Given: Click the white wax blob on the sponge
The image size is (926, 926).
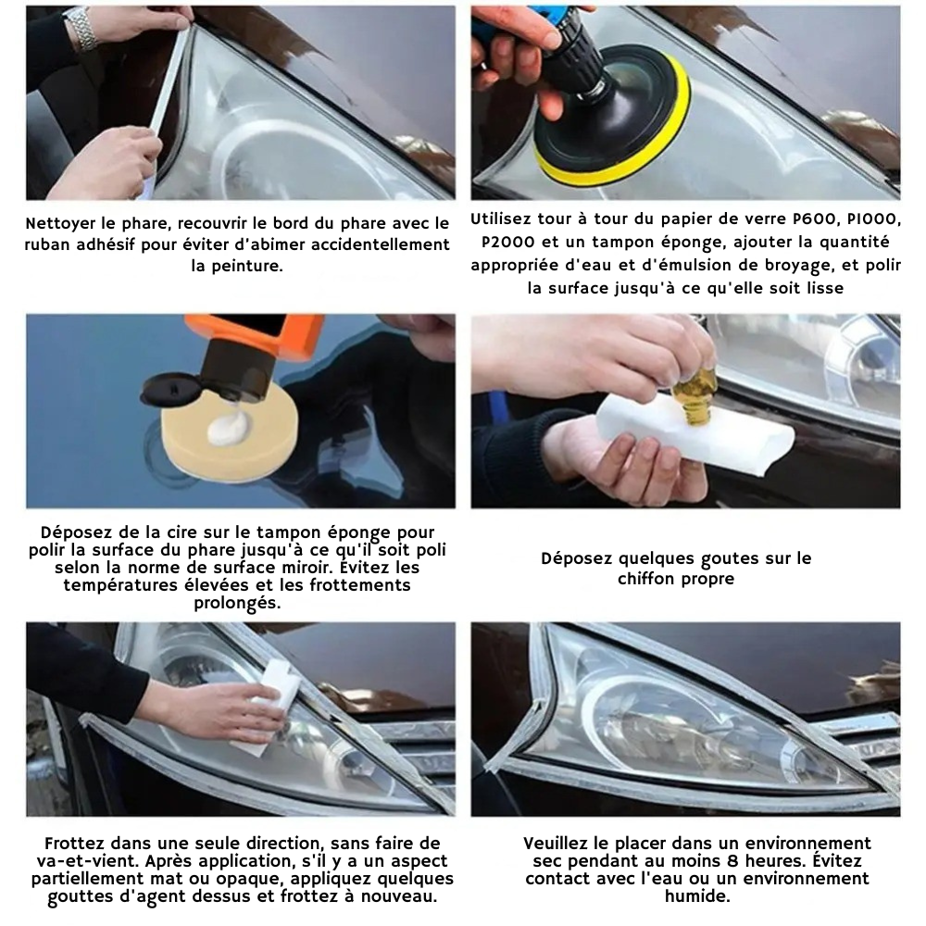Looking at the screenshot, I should [x=229, y=428].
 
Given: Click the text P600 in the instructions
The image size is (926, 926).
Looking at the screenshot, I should [x=818, y=220].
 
